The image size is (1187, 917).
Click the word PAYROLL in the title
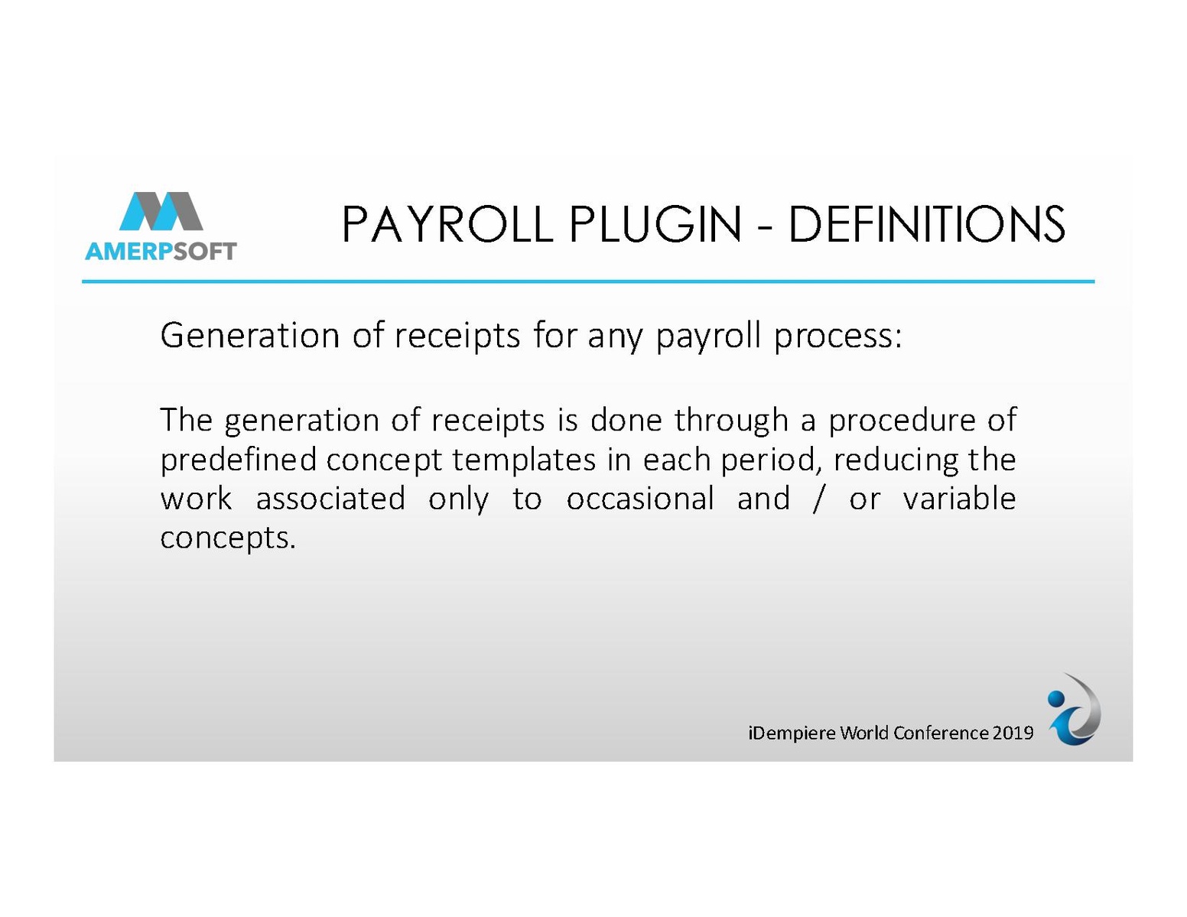click(447, 224)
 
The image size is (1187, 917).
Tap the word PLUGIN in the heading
click(655, 224)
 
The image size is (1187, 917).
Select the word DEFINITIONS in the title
click(926, 224)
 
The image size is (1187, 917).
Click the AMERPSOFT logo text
click(161, 251)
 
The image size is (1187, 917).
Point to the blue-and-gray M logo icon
click(161, 211)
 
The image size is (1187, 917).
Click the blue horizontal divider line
click(588, 281)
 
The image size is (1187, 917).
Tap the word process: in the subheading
click(838, 337)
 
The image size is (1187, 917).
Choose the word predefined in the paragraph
click(238, 460)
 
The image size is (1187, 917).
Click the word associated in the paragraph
click(330, 499)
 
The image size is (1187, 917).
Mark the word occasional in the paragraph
click(640, 499)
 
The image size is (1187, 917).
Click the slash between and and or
click(818, 499)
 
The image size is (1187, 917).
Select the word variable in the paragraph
click(959, 499)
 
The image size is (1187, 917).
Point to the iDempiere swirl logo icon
click(1073, 711)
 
